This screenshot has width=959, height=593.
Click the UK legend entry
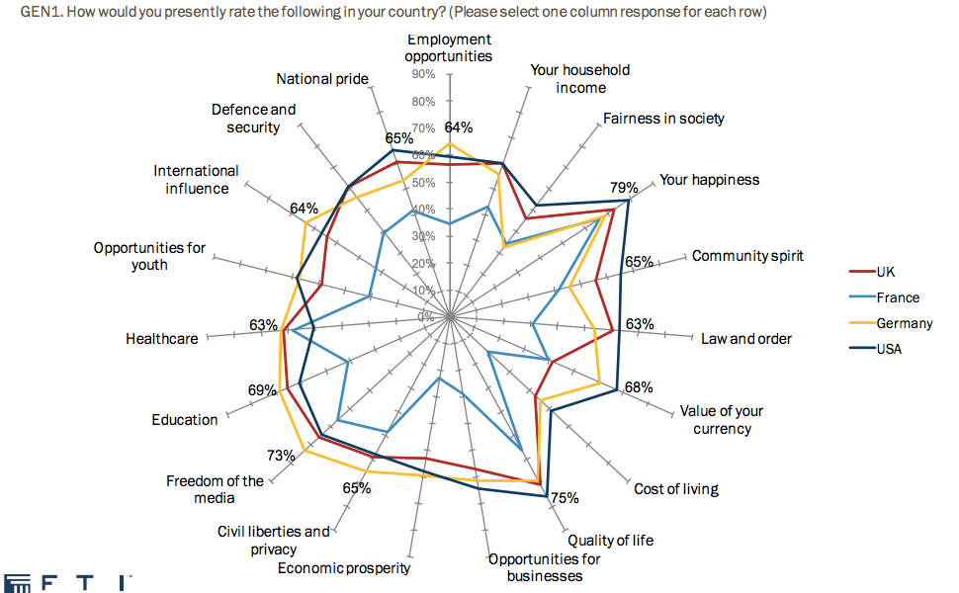tap(885, 272)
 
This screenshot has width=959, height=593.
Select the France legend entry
tap(897, 297)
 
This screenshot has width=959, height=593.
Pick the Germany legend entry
tap(904, 323)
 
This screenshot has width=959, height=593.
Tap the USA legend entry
tap(889, 348)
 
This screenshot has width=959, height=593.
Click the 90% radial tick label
tap(423, 75)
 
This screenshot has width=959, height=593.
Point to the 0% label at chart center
tap(425, 316)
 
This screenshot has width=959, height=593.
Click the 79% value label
tap(623, 187)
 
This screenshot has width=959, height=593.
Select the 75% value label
tap(565, 498)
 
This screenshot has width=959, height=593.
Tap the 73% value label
tap(281, 456)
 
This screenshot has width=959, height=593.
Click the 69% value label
tap(262, 390)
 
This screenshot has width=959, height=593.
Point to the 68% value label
tap(639, 387)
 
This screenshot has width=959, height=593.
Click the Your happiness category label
tap(710, 180)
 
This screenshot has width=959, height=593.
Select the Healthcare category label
tap(162, 339)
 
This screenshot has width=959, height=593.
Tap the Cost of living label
tap(676, 489)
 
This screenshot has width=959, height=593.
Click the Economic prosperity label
tap(344, 568)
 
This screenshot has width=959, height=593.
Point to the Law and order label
tap(746, 339)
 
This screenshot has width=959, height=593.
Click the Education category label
tap(185, 420)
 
